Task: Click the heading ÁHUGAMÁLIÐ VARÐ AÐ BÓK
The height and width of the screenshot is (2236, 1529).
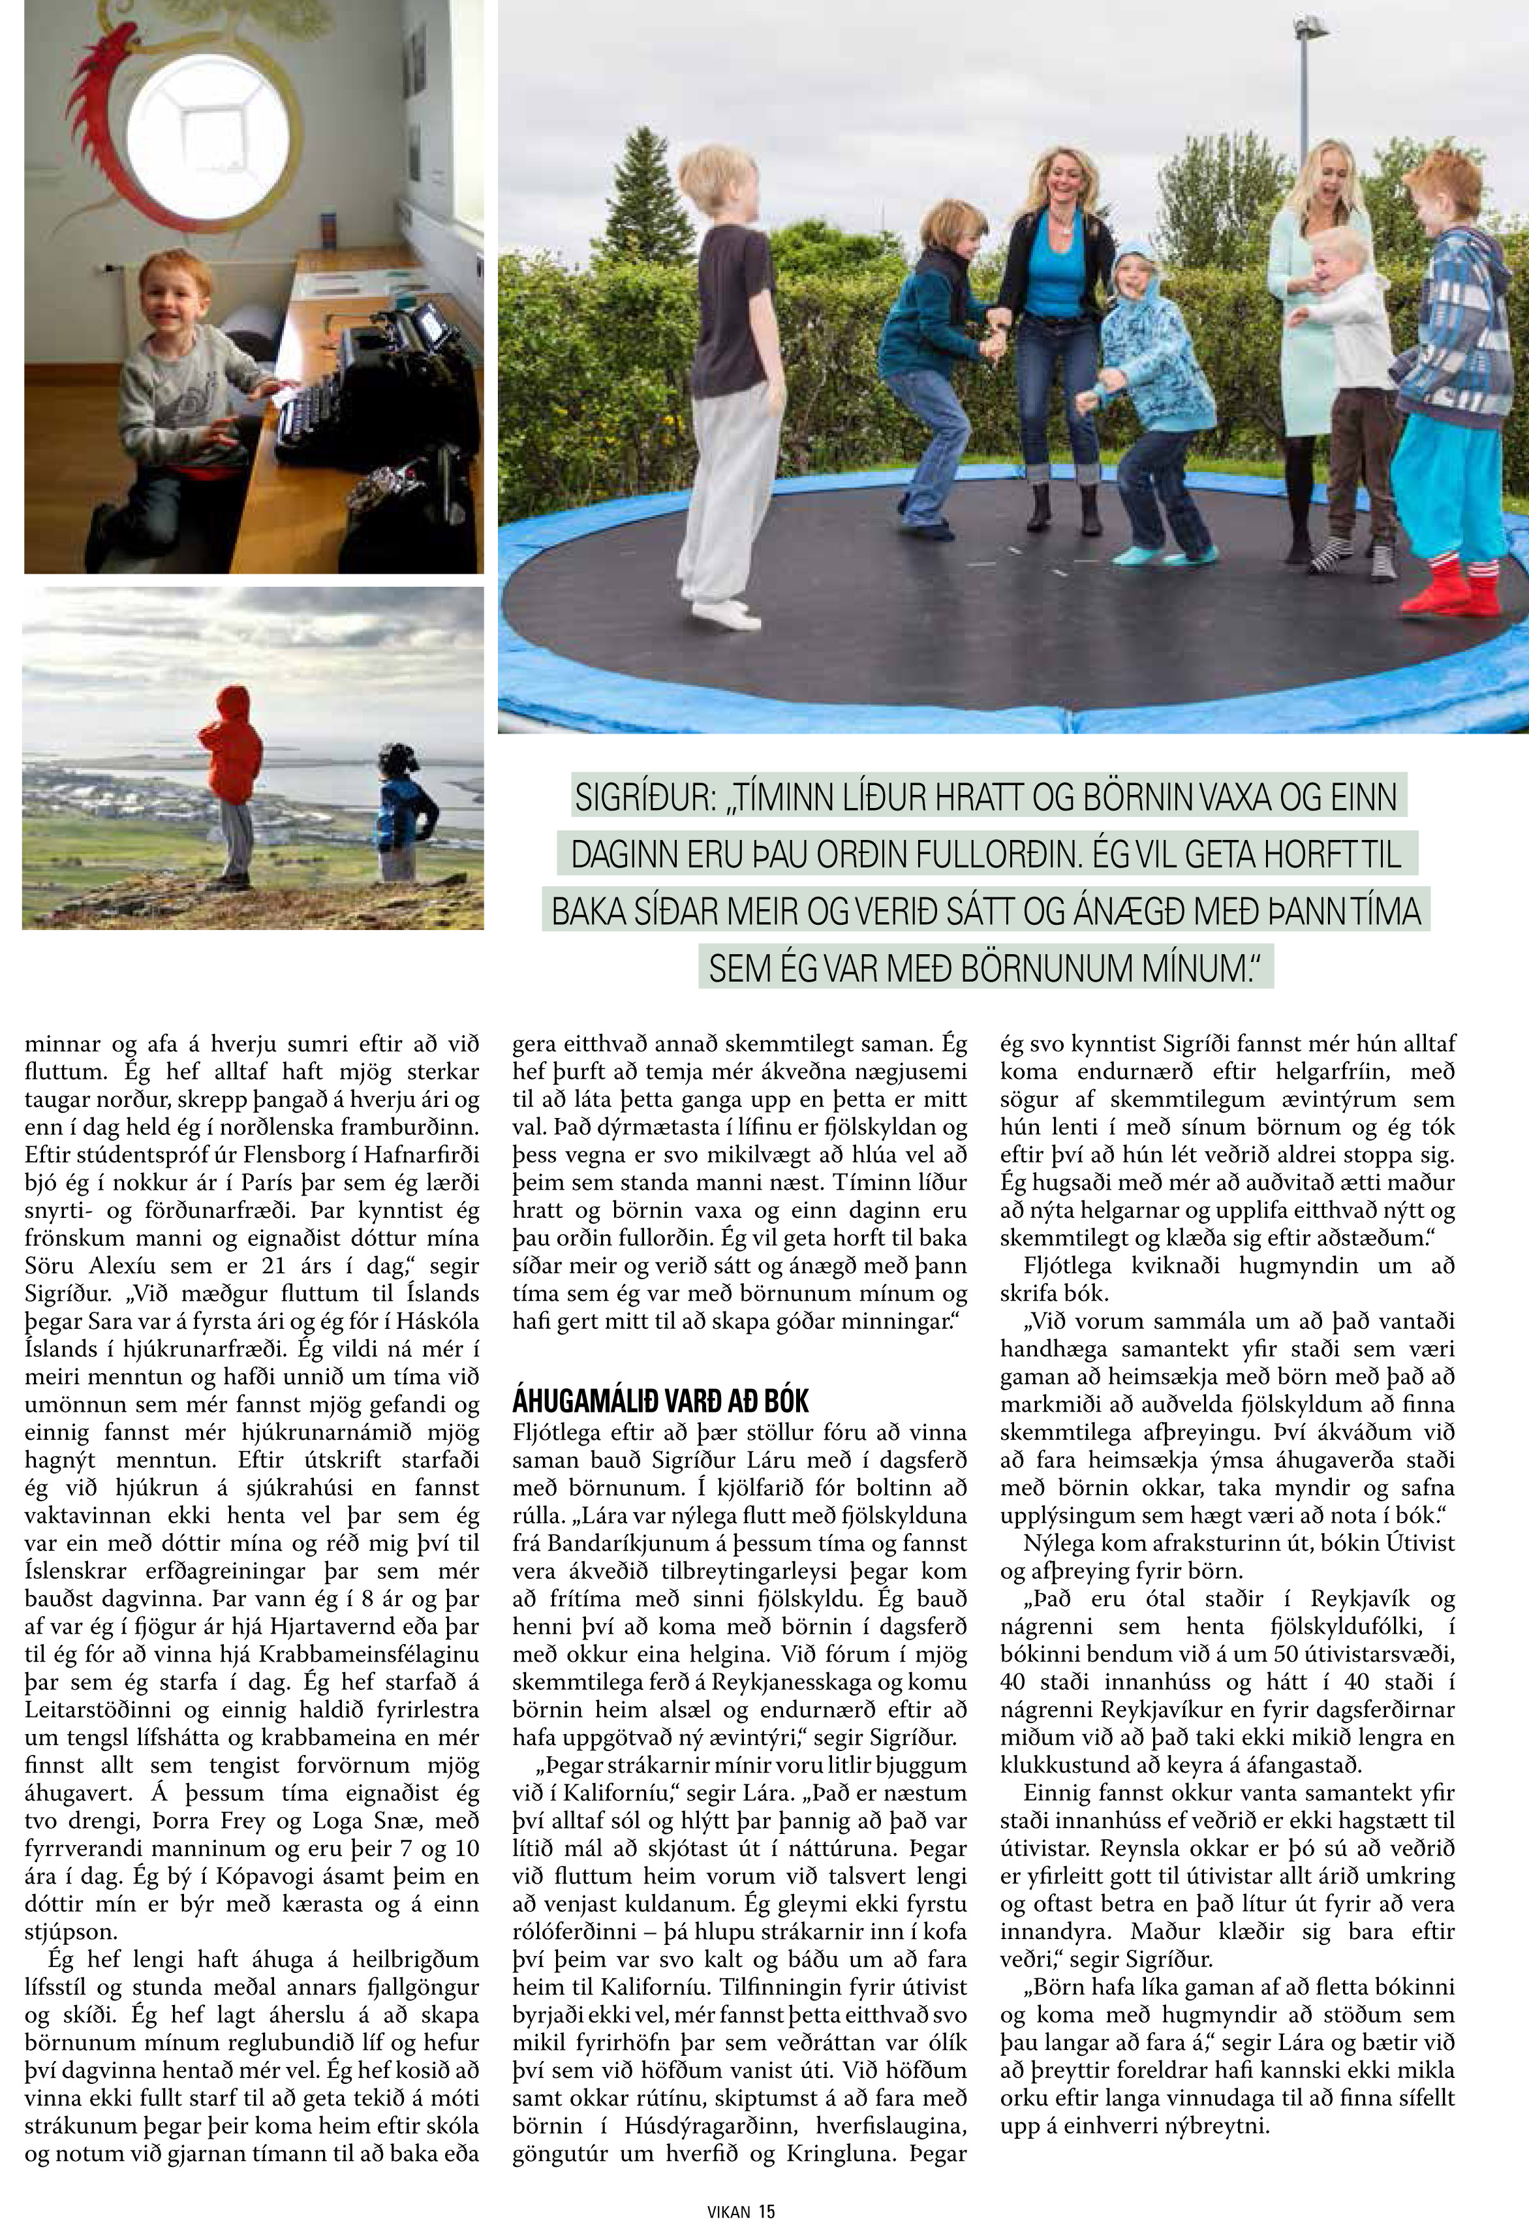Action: point(660,1400)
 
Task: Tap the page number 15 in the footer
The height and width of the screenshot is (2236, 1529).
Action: point(766,2211)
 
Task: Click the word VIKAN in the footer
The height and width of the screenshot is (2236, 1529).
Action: point(728,2211)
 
